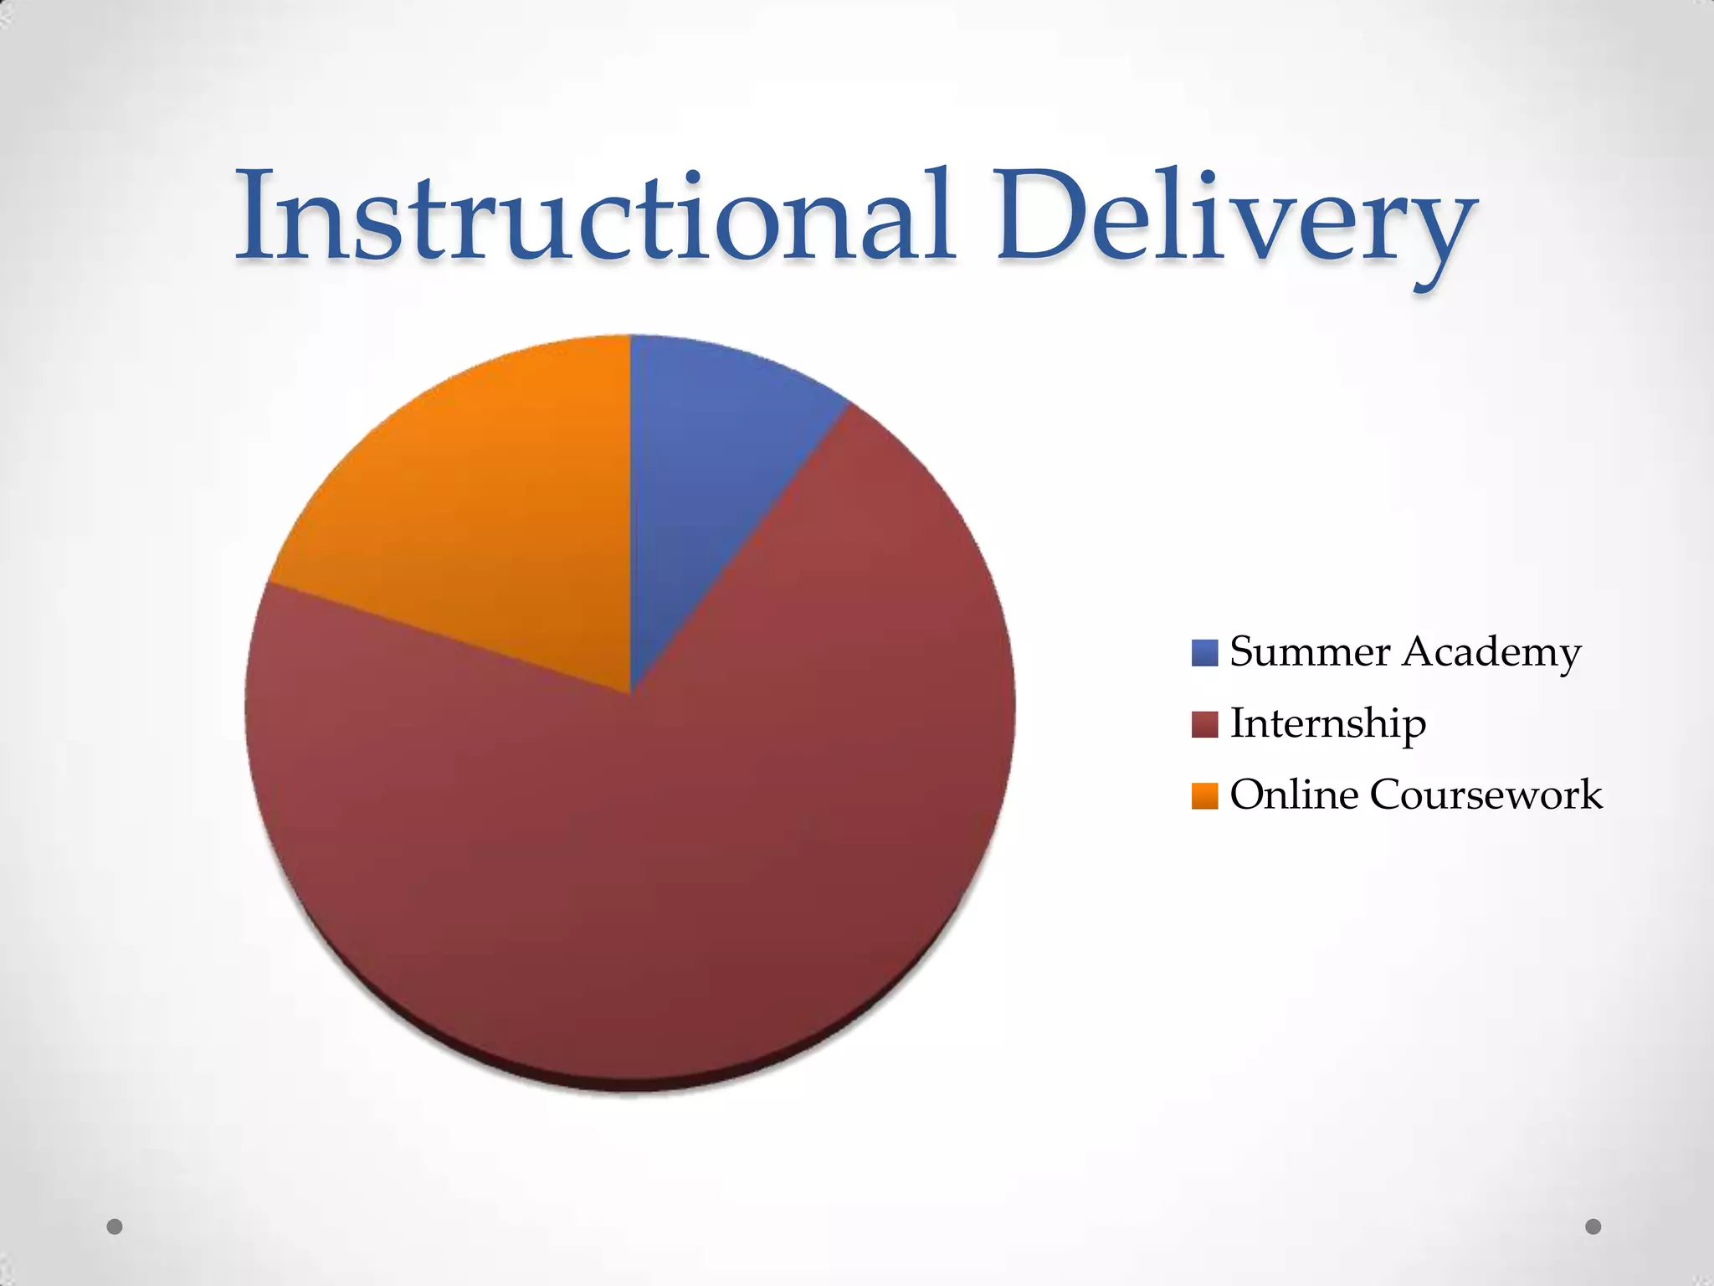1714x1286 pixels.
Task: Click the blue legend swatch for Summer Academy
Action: [x=1204, y=652]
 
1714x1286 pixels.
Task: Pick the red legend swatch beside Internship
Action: [x=1204, y=724]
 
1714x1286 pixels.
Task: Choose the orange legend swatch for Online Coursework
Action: [x=1204, y=795]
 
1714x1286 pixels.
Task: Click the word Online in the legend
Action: [x=1294, y=795]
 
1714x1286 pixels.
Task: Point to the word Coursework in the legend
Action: [x=1486, y=795]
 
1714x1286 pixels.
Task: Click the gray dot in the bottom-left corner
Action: [x=115, y=1227]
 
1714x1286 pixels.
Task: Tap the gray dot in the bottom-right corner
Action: [x=1593, y=1227]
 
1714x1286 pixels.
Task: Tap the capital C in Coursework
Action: [x=1388, y=795]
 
